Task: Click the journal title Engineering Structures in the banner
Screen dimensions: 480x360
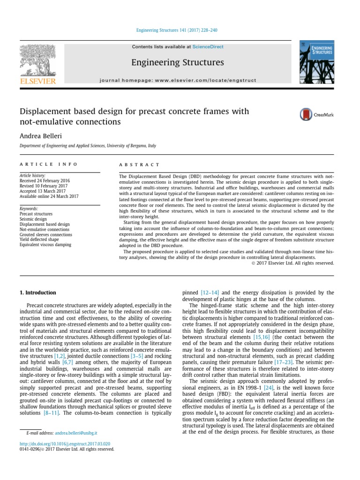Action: pyautogui.click(x=177, y=62)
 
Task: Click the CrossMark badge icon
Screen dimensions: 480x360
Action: pyautogui.click(x=316, y=114)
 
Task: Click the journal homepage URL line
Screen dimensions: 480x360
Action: pyautogui.click(x=178, y=80)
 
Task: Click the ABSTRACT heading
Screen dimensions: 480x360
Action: pyautogui.click(x=140, y=165)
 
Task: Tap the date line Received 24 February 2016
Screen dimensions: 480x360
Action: pyautogui.click(x=45, y=180)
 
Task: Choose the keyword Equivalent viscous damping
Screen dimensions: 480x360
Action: pyautogui.click(x=45, y=245)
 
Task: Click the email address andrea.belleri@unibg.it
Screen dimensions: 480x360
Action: pyautogui.click(x=76, y=434)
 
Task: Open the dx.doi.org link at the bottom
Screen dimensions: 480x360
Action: pyautogui.click(x=65, y=443)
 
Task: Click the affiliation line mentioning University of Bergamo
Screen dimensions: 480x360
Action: pyautogui.click(x=88, y=146)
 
